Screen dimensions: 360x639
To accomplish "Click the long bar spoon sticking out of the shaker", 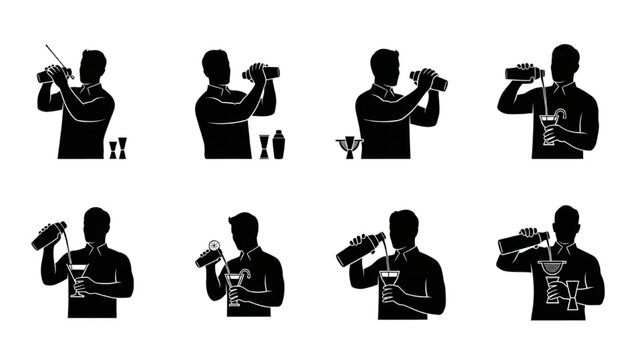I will click(x=56, y=56).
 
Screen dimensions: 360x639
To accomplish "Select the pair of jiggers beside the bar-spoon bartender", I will click(x=118, y=149).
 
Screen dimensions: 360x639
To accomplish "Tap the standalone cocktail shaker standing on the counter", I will click(x=279, y=144).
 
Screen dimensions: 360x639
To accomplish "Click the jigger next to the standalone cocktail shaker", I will click(x=264, y=146).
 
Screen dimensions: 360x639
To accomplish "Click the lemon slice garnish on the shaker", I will click(x=213, y=247).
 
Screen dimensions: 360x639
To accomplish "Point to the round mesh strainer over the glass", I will click(x=551, y=267).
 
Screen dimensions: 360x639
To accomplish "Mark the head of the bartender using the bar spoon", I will click(x=92, y=68).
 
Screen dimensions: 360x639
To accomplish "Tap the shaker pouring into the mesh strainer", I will click(x=521, y=241).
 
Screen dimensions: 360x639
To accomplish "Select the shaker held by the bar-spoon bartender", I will click(x=52, y=73).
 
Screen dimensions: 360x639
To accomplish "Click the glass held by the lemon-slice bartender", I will click(x=233, y=290).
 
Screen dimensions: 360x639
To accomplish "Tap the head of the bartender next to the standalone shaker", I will click(x=216, y=66).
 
